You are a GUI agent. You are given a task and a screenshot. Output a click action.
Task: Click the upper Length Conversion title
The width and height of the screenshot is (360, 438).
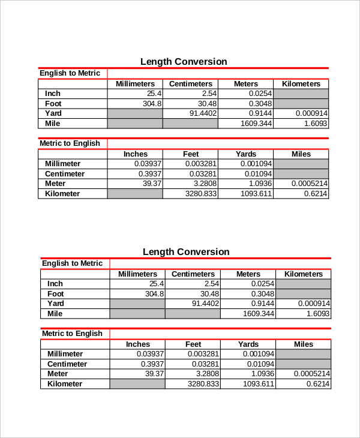click(x=184, y=62)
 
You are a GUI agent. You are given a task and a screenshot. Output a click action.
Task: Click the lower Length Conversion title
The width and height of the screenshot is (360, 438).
click(x=186, y=252)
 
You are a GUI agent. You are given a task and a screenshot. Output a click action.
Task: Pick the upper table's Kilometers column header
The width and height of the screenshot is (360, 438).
click(x=301, y=84)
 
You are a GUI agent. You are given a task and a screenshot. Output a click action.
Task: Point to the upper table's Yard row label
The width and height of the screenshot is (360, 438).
click(x=53, y=113)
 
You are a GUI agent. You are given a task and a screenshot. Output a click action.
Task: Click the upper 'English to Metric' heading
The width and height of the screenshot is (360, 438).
click(x=70, y=73)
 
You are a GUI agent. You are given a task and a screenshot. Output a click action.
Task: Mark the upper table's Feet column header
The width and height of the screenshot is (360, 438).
click(x=190, y=154)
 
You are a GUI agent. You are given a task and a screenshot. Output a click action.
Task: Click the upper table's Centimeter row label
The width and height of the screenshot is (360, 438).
click(x=65, y=174)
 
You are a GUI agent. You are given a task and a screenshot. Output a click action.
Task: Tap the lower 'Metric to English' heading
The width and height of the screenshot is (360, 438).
click(x=72, y=334)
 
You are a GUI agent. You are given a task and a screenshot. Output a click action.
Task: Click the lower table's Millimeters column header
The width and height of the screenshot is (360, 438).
click(x=137, y=274)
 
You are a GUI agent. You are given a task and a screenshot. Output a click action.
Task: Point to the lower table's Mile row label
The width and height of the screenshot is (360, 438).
click(x=55, y=314)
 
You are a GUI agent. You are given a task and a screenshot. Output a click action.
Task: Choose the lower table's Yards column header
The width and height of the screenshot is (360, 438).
click(x=248, y=344)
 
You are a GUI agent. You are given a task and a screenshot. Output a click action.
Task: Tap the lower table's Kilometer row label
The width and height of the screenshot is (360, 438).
click(x=65, y=384)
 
